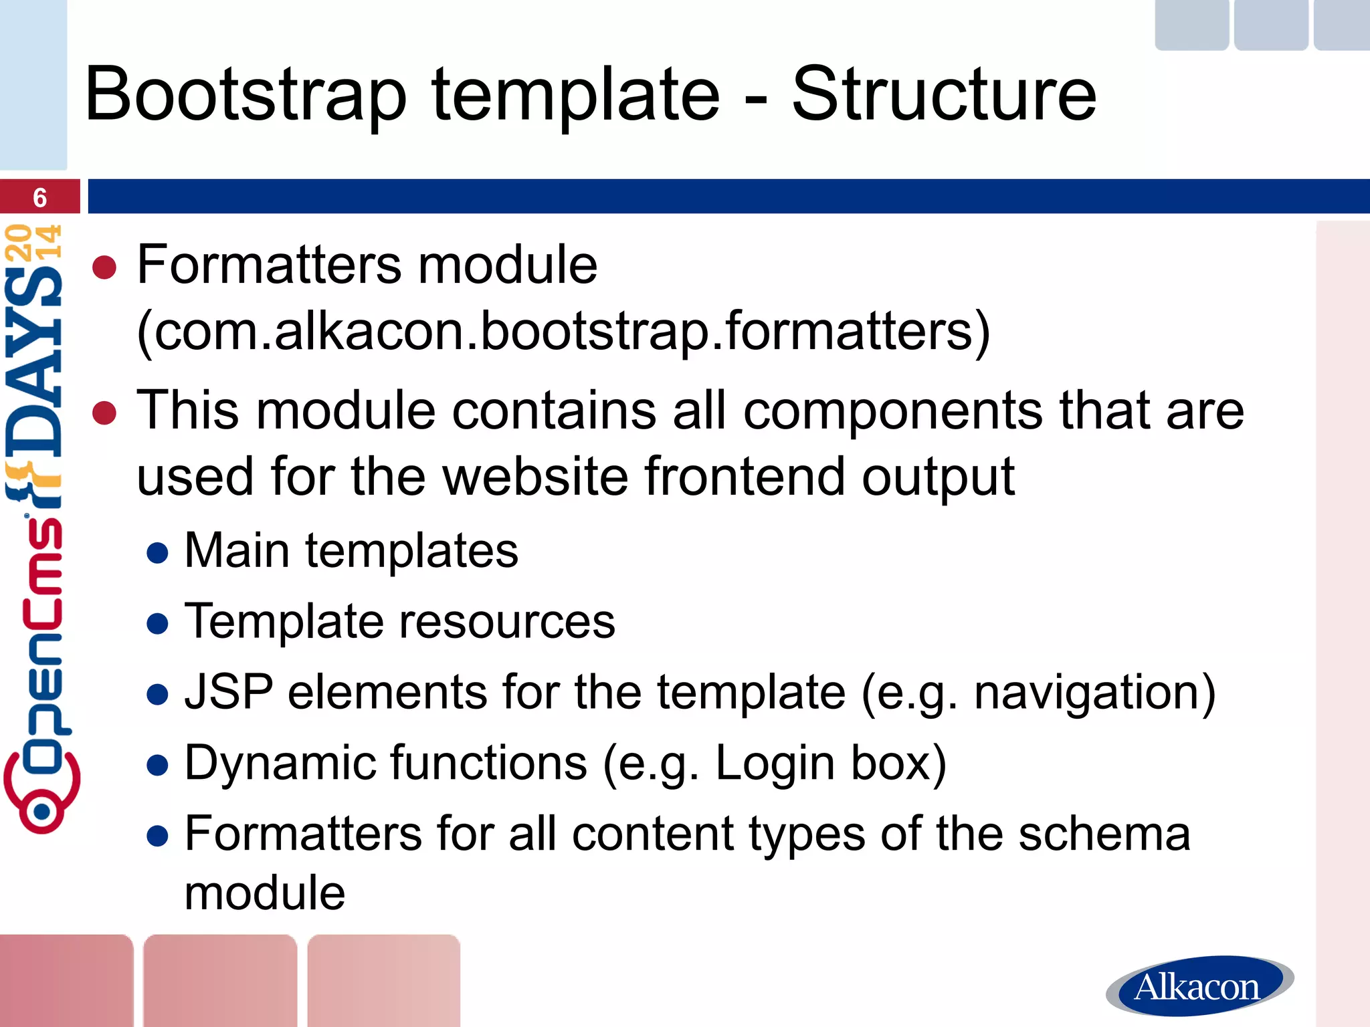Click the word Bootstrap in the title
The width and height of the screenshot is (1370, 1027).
(246, 95)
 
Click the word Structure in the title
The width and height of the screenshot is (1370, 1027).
(944, 95)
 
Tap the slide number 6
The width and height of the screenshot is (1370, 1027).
(40, 197)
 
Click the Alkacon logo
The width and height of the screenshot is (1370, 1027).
(1197, 986)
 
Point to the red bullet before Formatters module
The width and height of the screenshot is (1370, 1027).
(104, 267)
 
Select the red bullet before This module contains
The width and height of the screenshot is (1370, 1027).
(104, 413)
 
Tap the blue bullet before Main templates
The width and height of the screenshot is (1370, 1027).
(157, 553)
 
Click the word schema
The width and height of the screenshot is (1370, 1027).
(1104, 834)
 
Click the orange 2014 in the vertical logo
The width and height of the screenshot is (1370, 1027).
(33, 242)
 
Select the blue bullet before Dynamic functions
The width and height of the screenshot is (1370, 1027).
(157, 765)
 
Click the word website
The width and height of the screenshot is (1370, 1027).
(535, 476)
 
